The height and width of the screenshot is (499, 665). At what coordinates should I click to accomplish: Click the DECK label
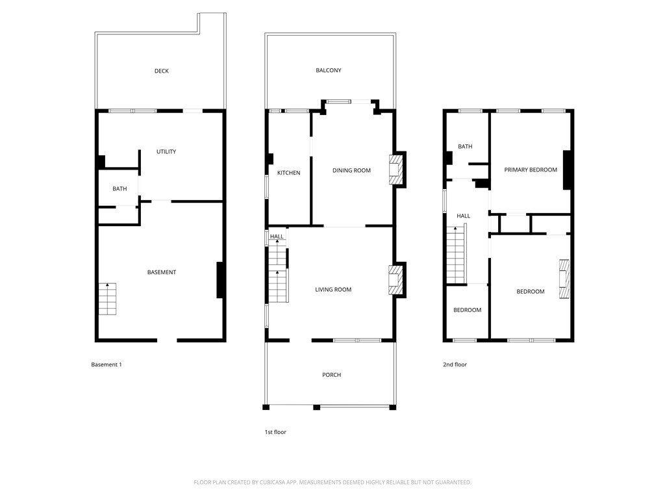pos(162,71)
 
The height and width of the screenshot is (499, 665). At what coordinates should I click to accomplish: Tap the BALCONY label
pos(329,70)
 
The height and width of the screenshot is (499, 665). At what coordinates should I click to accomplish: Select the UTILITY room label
pos(166,151)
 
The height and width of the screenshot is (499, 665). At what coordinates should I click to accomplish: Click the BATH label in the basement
pos(119,189)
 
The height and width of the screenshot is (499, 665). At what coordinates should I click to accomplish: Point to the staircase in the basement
pos(108,299)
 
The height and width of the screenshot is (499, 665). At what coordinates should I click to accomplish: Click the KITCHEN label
pos(288,173)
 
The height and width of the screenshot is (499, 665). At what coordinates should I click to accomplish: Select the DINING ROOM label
pos(351,170)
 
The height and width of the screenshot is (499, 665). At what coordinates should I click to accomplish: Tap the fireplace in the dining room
pos(396,170)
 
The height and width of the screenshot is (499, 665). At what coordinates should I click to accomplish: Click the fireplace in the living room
pos(396,280)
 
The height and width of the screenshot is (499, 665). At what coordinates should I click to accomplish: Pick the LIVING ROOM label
pos(333,290)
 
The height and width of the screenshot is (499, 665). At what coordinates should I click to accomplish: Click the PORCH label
pos(331,375)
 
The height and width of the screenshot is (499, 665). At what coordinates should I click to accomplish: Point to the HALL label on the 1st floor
pos(277,237)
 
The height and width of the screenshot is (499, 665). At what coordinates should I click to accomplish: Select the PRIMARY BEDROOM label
pos(531,170)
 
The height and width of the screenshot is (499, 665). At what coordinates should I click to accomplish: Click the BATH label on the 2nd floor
pos(465,147)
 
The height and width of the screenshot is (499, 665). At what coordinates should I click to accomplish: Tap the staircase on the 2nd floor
pos(456,254)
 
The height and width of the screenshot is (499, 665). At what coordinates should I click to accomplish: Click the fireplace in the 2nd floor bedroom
pos(564,279)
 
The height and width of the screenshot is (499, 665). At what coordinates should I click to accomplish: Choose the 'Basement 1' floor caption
pos(107,365)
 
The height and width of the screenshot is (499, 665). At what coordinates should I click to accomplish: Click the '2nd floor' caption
pos(455,365)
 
